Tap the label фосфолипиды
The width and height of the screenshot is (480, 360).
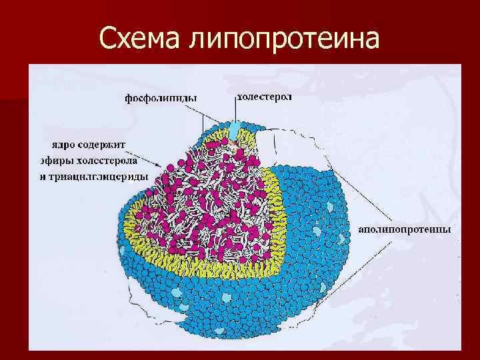[161, 99]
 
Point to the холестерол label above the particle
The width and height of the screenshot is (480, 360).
[265, 97]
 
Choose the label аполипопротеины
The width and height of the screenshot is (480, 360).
[405, 229]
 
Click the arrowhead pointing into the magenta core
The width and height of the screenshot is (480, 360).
[161, 167]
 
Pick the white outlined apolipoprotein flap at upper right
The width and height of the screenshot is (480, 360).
[287, 147]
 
